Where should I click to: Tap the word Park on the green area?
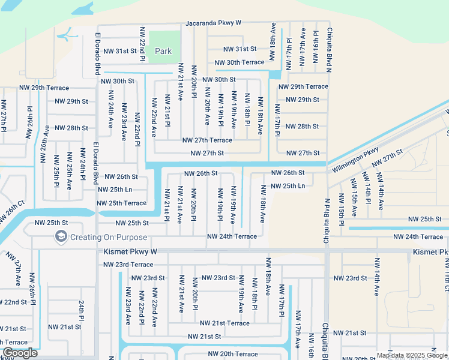(163, 52)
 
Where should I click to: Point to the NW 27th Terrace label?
(207, 140)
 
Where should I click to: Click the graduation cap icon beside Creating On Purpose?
(61, 237)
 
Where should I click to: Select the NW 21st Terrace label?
(224, 323)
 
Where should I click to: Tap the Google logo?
(20, 353)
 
